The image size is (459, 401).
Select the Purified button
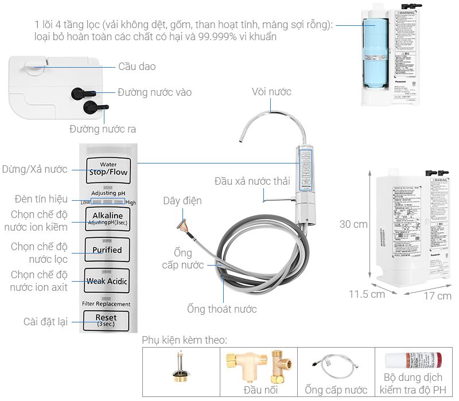pos(107,250)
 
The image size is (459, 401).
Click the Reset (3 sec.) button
pos(107,320)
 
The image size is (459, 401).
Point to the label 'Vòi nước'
pos(271,92)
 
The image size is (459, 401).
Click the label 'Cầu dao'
pos(137,67)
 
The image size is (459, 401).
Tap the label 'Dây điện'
pos(182,201)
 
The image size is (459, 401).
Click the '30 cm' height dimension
pos(353,224)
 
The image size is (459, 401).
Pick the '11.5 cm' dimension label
pos(367,294)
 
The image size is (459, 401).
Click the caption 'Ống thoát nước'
pos(221,309)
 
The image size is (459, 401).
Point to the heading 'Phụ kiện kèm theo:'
pos(185,340)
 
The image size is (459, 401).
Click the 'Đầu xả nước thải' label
pos(252,181)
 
